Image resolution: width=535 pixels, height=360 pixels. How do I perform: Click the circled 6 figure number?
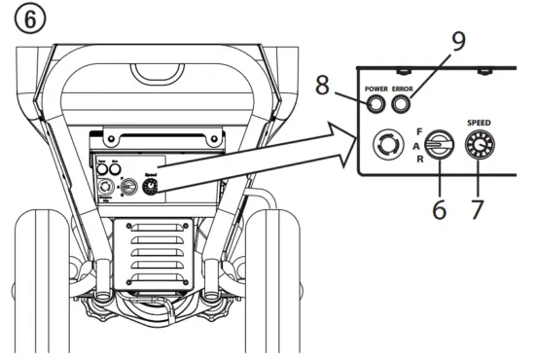click(18, 18)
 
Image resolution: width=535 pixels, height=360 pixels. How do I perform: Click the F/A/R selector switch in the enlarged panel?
click(438, 147)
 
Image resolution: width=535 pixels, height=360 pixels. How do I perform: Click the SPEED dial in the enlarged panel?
click(479, 147)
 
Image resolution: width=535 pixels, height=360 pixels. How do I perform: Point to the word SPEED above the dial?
click(480, 126)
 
